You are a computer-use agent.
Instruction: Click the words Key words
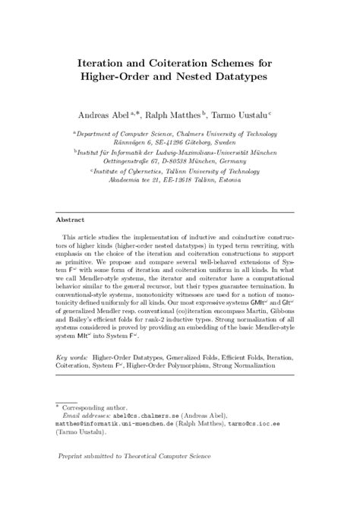pyautogui.click(x=74, y=356)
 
